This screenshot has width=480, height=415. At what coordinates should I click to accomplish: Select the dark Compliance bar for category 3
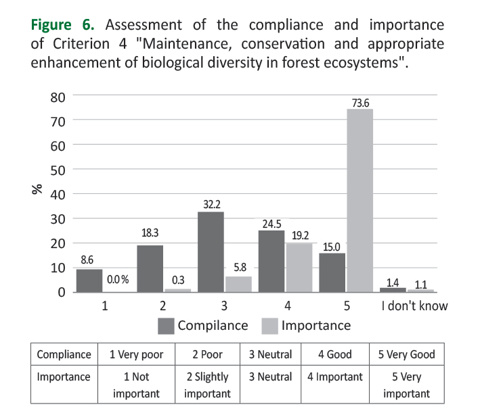click(x=211, y=252)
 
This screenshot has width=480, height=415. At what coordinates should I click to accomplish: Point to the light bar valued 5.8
click(x=238, y=285)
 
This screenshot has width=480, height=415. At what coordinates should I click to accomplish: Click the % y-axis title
click(x=37, y=189)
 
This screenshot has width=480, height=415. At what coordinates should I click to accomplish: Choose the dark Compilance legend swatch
click(x=166, y=326)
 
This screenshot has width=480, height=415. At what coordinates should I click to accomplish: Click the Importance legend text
click(x=315, y=326)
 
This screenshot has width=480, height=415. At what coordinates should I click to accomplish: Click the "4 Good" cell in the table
click(x=334, y=354)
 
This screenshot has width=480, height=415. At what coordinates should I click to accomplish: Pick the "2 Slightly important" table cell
click(x=206, y=385)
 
